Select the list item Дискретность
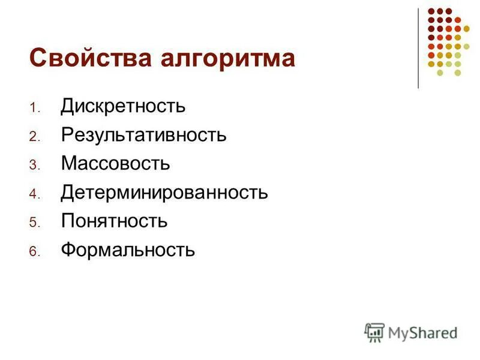(x=123, y=107)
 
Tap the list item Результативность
(x=143, y=136)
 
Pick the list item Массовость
(x=115, y=163)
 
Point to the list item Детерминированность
(x=164, y=193)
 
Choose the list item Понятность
(x=114, y=221)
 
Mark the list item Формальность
(x=128, y=250)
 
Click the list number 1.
(x=33, y=109)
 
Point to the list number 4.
(x=33, y=194)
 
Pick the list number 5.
(x=33, y=223)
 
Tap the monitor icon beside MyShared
(x=374, y=332)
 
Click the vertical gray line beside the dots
(x=418, y=48)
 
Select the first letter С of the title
(x=37, y=59)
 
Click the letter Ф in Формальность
(x=68, y=250)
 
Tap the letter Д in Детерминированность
(x=67, y=193)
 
